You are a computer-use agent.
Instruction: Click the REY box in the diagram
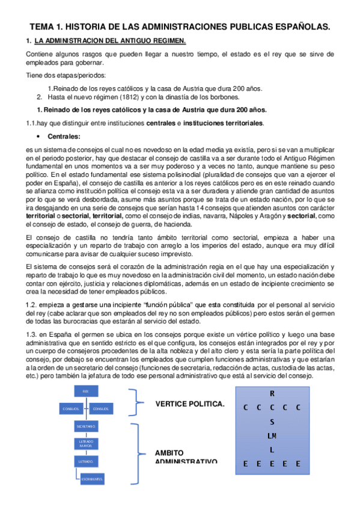(86, 392)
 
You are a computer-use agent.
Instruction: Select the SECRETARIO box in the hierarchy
(86, 426)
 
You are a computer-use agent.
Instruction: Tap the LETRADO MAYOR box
(86, 444)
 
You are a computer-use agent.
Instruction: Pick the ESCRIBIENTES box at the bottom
(92, 479)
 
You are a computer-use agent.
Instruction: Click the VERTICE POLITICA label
(189, 404)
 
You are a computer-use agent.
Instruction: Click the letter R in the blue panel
(272, 393)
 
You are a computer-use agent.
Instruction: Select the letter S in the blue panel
(272, 422)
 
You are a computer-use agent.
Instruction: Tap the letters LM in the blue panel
(272, 435)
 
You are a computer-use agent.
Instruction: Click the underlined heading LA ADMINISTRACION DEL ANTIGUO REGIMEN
(110, 41)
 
